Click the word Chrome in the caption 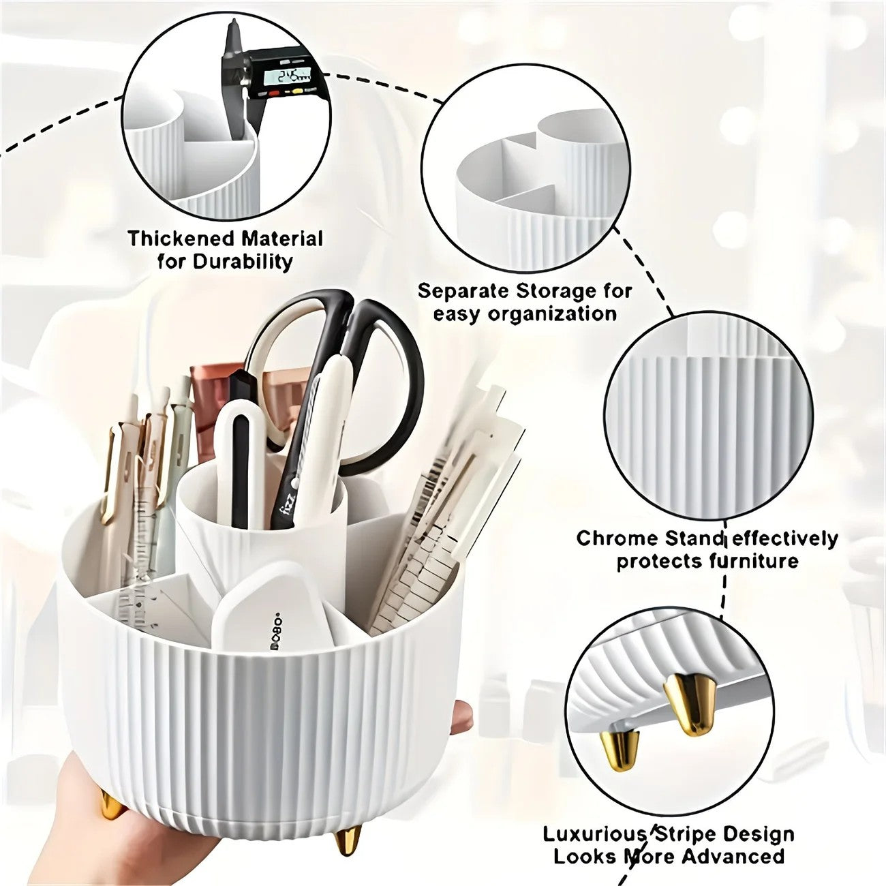pyautogui.click(x=609, y=538)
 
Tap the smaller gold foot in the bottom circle pyautogui.click(x=620, y=750)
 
